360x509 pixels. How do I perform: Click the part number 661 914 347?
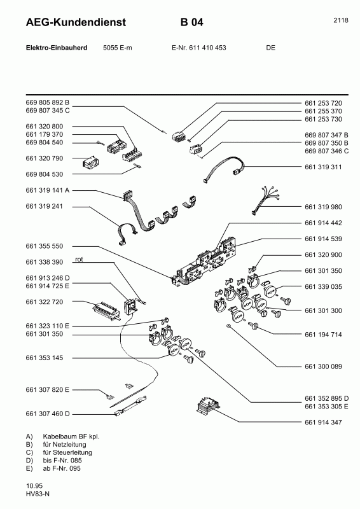tap(323, 422)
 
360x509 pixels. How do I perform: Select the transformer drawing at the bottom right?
tap(209, 406)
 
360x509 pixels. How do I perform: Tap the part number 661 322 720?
tap(45, 302)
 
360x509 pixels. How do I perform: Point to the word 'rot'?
tap(79, 260)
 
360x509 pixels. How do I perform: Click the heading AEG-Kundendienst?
tap(76, 22)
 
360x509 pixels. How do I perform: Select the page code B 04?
tap(192, 22)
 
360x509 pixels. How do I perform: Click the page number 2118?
tap(341, 20)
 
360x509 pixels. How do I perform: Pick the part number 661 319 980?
tap(323, 207)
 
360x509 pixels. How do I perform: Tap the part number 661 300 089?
tap(323, 366)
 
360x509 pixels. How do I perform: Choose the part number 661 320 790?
tap(45, 158)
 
